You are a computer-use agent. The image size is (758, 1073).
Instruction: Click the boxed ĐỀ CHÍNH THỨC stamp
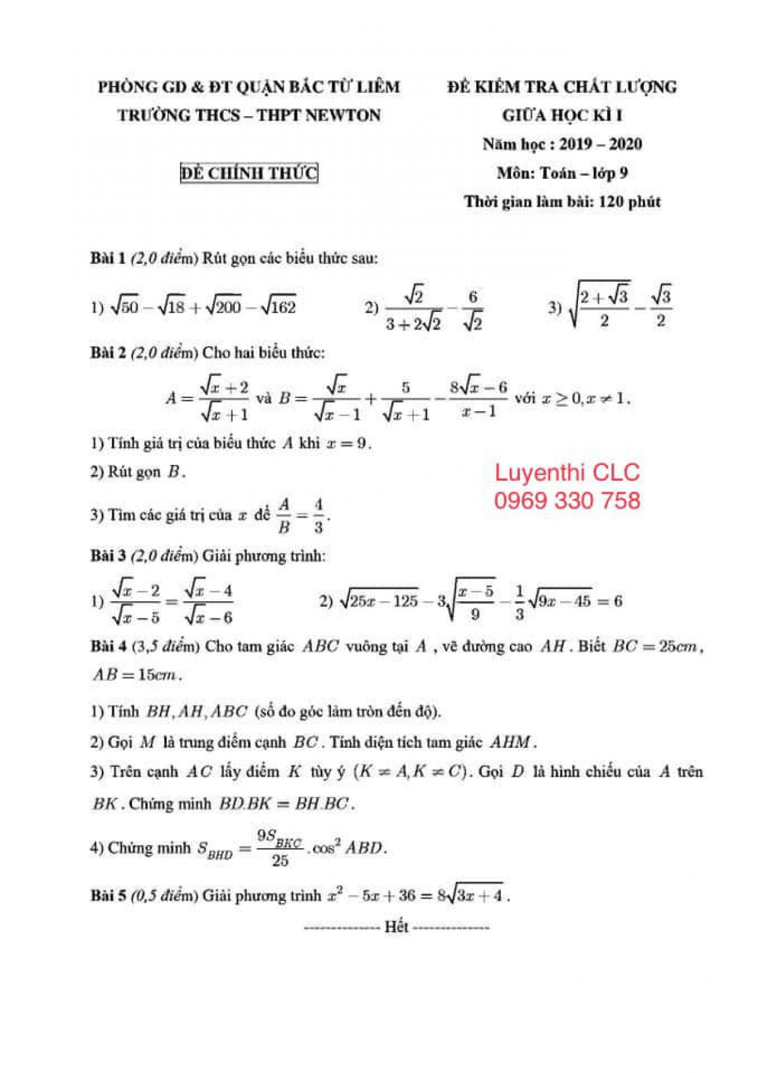[x=249, y=173]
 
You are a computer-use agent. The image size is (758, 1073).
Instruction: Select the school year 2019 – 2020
[x=600, y=144]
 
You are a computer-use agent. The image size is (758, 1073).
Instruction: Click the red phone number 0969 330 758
[x=567, y=501]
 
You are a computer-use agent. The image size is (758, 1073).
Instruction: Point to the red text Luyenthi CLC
[x=567, y=472]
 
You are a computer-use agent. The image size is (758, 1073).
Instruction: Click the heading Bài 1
[x=107, y=258]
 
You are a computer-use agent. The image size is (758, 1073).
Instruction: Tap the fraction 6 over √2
[x=472, y=309]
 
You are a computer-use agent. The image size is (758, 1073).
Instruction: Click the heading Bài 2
[x=107, y=352]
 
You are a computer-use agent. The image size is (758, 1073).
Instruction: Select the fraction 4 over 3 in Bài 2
[x=318, y=515]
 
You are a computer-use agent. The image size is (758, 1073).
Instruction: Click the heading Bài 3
[x=107, y=556]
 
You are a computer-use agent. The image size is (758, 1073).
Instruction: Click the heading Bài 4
[x=107, y=646]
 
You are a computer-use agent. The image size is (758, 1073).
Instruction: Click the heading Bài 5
[x=107, y=896]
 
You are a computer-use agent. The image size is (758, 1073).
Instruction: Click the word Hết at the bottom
[x=397, y=927]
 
